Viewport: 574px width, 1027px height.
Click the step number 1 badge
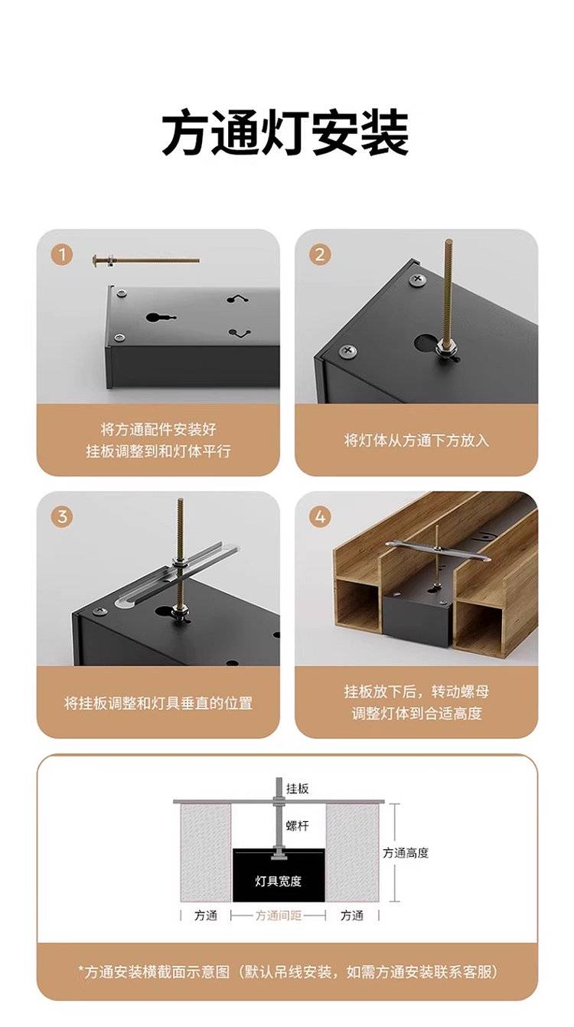(62, 254)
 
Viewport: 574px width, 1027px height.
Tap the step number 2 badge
(320, 254)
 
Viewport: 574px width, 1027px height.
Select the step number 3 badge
(62, 517)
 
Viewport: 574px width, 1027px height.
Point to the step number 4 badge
(320, 517)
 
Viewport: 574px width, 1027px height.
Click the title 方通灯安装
(285, 133)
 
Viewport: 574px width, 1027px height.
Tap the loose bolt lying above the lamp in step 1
(146, 260)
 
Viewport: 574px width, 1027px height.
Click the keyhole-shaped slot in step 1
(161, 317)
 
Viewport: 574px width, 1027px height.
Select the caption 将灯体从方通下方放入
(416, 440)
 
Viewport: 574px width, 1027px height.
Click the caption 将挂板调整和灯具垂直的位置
(158, 703)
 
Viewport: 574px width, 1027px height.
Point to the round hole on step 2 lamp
(425, 343)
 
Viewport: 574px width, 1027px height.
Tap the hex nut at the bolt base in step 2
(447, 345)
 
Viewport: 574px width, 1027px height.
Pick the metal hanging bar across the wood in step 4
(438, 550)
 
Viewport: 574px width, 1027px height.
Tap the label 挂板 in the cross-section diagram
(298, 788)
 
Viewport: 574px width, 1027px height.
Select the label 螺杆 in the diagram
(297, 826)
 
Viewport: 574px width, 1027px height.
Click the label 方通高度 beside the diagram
(406, 853)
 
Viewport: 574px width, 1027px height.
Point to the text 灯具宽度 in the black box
(278, 881)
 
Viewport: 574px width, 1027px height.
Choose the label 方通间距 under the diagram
(278, 916)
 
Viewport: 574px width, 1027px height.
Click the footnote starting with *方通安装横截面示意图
(288, 971)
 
